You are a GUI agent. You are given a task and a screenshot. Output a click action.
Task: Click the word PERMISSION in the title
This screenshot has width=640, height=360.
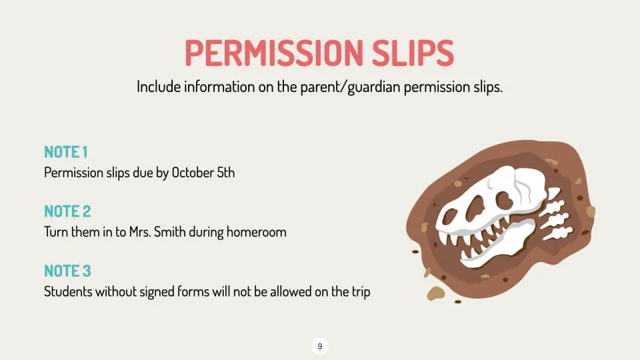[x=274, y=53]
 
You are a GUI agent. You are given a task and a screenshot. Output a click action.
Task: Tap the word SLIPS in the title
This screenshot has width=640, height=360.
[x=413, y=53]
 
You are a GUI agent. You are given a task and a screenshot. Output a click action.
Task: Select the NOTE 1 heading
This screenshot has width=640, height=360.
[x=66, y=152]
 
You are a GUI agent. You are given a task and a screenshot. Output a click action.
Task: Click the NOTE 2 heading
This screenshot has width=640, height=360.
[x=67, y=211]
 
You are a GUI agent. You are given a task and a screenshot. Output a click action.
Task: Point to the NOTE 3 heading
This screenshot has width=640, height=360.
[x=67, y=271]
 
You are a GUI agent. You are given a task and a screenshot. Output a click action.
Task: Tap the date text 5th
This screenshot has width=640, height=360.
[x=226, y=173]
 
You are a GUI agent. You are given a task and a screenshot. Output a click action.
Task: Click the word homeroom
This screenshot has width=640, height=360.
[x=256, y=232]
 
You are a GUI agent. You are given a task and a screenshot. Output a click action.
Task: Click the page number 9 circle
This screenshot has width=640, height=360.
[x=320, y=346]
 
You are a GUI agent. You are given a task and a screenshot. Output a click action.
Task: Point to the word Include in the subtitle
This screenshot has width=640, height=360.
[x=159, y=87]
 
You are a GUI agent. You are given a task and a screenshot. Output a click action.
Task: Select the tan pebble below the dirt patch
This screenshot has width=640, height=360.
[x=435, y=293]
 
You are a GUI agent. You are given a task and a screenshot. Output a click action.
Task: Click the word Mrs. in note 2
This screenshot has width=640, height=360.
[x=140, y=232]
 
